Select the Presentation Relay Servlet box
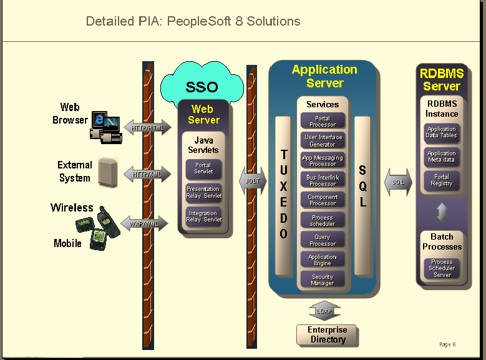(x=203, y=192)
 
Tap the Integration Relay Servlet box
(x=203, y=216)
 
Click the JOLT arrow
(x=253, y=180)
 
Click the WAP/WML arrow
(x=145, y=223)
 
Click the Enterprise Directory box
(x=328, y=335)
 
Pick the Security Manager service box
(x=323, y=280)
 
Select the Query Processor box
(x=323, y=240)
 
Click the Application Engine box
(x=323, y=260)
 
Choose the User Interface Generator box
(x=323, y=140)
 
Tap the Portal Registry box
(x=442, y=180)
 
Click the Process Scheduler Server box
(x=442, y=268)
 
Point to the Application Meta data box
(x=442, y=157)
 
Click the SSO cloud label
(x=202, y=87)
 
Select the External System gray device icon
(x=108, y=172)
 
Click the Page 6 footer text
(x=447, y=344)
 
